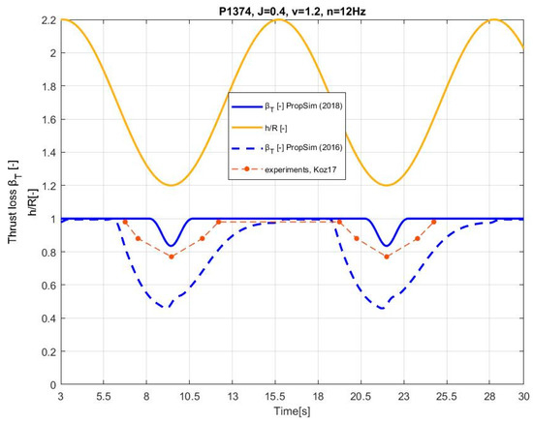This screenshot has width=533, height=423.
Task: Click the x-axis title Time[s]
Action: (292, 414)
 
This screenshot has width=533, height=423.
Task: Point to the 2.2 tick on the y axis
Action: (46, 19)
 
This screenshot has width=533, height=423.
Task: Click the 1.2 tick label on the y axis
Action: (46, 185)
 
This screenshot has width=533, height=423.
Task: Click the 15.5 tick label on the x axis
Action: (275, 397)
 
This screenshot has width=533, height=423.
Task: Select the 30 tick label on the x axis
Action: (523, 397)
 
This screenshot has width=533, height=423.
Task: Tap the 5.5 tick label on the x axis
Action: (104, 397)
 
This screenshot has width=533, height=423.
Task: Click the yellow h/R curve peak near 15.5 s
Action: (276, 19)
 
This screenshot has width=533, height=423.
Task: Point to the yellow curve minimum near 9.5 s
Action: (172, 185)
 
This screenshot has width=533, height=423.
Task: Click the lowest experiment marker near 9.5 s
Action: (172, 257)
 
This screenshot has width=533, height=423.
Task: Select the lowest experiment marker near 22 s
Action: (387, 257)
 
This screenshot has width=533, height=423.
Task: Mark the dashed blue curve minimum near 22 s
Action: (383, 308)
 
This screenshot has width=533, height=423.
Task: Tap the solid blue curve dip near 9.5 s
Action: (172, 246)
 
